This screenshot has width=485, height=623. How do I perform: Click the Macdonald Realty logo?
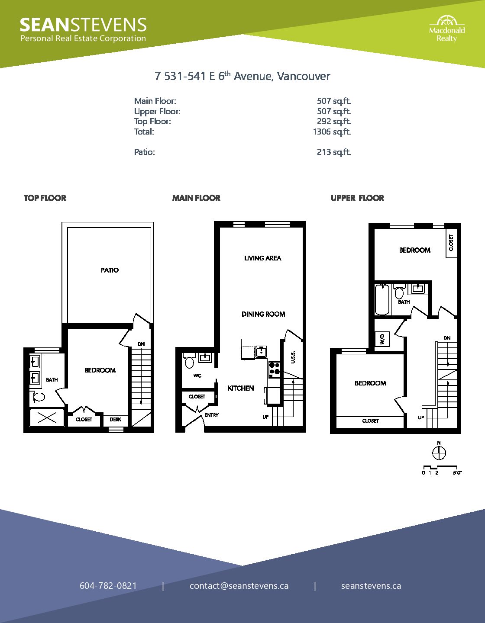point(447,29)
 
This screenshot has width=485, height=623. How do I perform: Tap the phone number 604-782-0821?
point(108,586)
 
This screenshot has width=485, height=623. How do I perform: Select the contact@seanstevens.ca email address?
point(239,586)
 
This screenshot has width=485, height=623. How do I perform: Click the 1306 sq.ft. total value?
point(332,132)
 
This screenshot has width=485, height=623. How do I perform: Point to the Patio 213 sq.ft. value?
point(334,152)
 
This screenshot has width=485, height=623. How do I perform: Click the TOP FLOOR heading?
point(45,198)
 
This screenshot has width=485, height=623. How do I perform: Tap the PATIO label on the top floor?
point(110,270)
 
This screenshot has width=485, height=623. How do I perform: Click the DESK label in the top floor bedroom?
point(115,419)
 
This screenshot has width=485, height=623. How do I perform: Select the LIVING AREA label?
point(262,258)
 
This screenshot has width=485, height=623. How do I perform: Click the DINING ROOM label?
point(263,314)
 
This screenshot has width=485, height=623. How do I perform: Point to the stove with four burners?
point(275,369)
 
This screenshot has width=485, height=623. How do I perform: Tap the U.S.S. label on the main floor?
point(293,357)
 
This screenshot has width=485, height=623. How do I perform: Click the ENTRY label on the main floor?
point(211,415)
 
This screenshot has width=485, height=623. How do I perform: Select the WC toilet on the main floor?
point(189,361)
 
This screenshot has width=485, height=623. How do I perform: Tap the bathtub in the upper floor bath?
point(382,299)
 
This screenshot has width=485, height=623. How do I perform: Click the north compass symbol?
point(439,453)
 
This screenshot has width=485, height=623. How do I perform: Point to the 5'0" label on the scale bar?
point(457,473)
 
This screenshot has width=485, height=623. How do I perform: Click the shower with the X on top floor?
point(47,418)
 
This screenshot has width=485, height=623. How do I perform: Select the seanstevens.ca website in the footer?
point(371,586)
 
